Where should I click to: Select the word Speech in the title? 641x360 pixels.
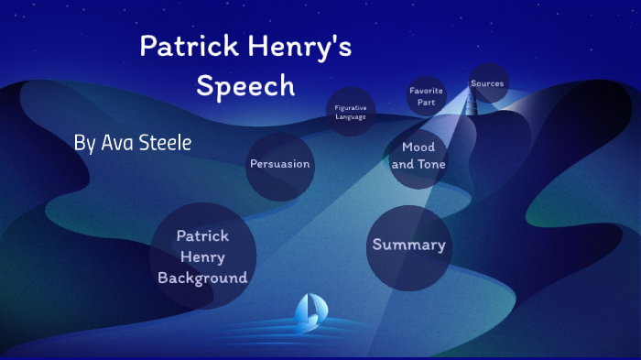click(x=246, y=85)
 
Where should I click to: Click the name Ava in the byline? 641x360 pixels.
click(x=114, y=143)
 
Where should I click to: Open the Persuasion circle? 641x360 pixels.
click(x=280, y=165)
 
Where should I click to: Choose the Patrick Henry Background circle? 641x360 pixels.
click(x=202, y=256)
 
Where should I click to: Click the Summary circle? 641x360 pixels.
click(x=408, y=245)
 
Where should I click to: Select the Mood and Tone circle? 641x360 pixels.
click(x=418, y=156)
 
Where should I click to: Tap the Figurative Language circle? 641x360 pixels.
click(x=351, y=112)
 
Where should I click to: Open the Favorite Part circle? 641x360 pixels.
click(x=427, y=96)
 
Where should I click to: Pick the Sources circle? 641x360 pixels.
click(x=487, y=83)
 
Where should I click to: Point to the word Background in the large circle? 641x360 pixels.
click(x=202, y=278)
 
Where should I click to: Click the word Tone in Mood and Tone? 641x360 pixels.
click(x=432, y=165)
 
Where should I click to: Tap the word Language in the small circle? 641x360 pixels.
click(x=351, y=117)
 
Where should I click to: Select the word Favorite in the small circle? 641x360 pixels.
click(x=427, y=91)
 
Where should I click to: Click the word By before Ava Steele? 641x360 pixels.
click(x=83, y=144)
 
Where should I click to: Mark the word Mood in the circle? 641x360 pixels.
click(x=418, y=147)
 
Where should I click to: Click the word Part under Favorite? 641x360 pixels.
click(x=427, y=102)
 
